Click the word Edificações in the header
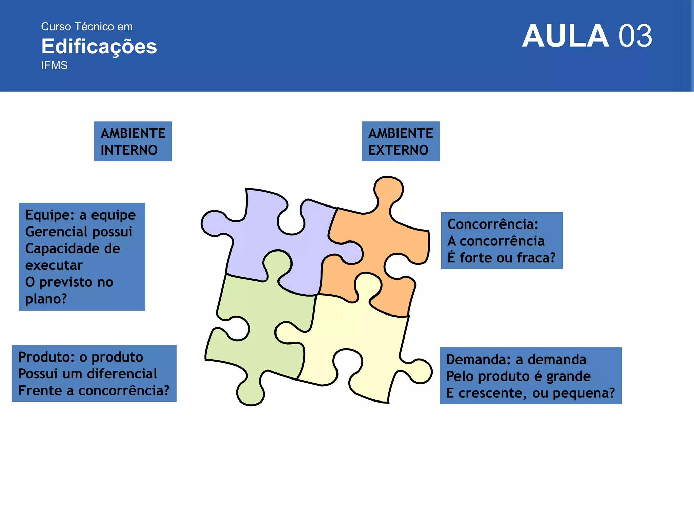tap(99, 46)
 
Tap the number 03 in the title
tap(635, 36)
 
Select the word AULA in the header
tap(565, 36)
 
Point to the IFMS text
tap(54, 65)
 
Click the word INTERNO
tap(129, 150)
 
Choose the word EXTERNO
tap(398, 150)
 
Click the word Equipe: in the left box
tap(50, 215)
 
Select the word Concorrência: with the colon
tap(493, 224)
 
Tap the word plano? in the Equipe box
tap(46, 299)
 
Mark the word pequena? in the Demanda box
tap(584, 393)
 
